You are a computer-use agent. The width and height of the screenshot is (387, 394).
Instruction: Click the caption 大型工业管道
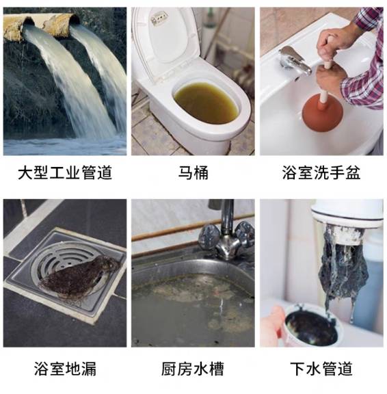coord(65,173)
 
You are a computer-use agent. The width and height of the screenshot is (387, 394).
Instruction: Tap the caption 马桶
coord(193,173)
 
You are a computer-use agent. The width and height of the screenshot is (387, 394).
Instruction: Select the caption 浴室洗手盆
coord(321,173)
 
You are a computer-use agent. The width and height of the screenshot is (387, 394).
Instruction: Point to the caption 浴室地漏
coord(65,369)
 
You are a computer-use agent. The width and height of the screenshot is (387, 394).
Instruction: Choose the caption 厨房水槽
coord(193,369)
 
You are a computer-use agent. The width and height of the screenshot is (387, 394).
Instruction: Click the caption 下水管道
coord(321,369)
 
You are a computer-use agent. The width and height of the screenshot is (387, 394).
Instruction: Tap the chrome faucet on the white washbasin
coord(294,61)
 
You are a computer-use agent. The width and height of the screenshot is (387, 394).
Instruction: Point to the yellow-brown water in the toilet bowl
coord(206,103)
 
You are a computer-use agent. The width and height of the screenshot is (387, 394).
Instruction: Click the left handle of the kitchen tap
coord(209,236)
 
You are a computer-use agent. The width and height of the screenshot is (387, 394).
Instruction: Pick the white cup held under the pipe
coord(311,327)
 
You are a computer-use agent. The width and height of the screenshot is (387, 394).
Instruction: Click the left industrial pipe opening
coord(28,22)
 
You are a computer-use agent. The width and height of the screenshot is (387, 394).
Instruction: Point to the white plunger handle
coord(325,81)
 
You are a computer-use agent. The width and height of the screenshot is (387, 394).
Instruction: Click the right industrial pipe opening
coord(75,20)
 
